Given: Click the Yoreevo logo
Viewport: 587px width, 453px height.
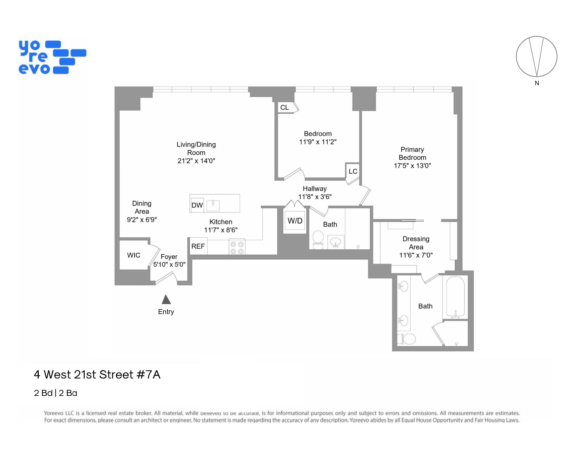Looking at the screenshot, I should point(52,57).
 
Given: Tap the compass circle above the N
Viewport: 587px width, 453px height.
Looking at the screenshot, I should point(536,56).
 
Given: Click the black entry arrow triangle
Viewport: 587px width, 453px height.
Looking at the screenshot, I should point(166,300).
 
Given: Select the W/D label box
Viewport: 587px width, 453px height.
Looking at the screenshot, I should point(295,221).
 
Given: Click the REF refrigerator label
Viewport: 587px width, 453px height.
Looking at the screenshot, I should point(198,246).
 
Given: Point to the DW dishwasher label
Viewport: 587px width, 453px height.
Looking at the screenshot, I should point(197,205).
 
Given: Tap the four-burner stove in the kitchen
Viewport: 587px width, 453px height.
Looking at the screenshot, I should point(237,248).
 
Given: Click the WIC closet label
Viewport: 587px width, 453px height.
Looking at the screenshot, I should point(134,255).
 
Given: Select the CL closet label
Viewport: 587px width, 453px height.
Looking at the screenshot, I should point(285,107).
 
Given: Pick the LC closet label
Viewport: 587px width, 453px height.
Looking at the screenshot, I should point(353,171).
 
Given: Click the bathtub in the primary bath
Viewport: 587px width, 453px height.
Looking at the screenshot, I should point(455,297).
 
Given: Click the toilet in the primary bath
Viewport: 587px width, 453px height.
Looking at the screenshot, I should point(408,339).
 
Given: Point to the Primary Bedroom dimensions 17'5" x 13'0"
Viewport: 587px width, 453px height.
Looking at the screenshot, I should point(412,166).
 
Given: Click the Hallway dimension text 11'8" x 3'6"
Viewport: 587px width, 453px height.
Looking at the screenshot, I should point(315,197).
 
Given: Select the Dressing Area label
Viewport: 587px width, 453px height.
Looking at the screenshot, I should point(416,243).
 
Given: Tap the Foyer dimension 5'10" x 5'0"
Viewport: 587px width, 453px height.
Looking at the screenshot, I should point(169,264).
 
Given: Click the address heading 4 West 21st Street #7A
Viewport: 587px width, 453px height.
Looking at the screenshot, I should point(97,374).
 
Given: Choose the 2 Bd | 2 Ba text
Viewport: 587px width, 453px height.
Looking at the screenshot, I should point(55,393).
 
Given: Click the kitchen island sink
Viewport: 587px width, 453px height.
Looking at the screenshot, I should point(213,205).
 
